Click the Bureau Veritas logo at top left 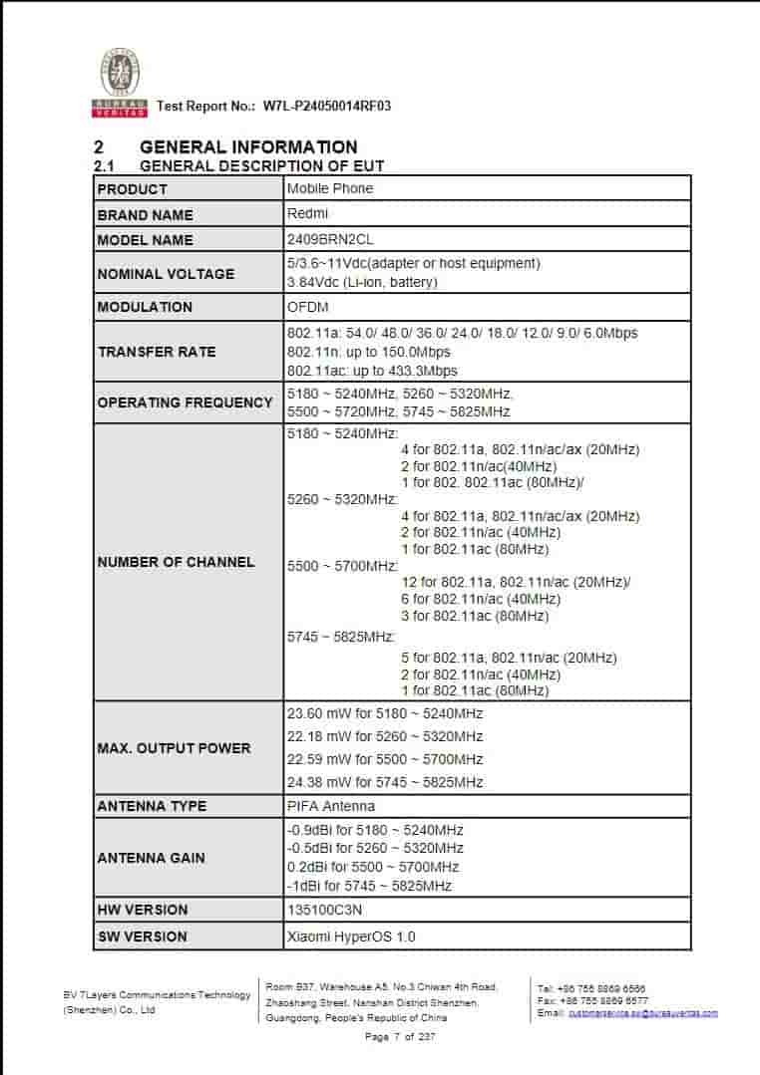(x=120, y=80)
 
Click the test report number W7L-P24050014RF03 (x=326, y=106)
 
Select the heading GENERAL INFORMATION (x=248, y=147)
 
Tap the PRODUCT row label (x=133, y=189)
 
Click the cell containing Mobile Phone (x=330, y=188)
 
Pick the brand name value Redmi (x=307, y=213)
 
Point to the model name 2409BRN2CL (x=330, y=239)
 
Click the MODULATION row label (x=145, y=307)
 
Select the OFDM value (x=307, y=307)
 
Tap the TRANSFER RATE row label (x=157, y=352)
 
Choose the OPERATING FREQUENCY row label (x=185, y=403)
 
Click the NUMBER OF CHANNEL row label (x=176, y=562)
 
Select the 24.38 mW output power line (x=385, y=782)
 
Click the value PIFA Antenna (x=331, y=806)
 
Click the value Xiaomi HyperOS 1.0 (x=351, y=937)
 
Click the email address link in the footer (x=642, y=1013)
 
